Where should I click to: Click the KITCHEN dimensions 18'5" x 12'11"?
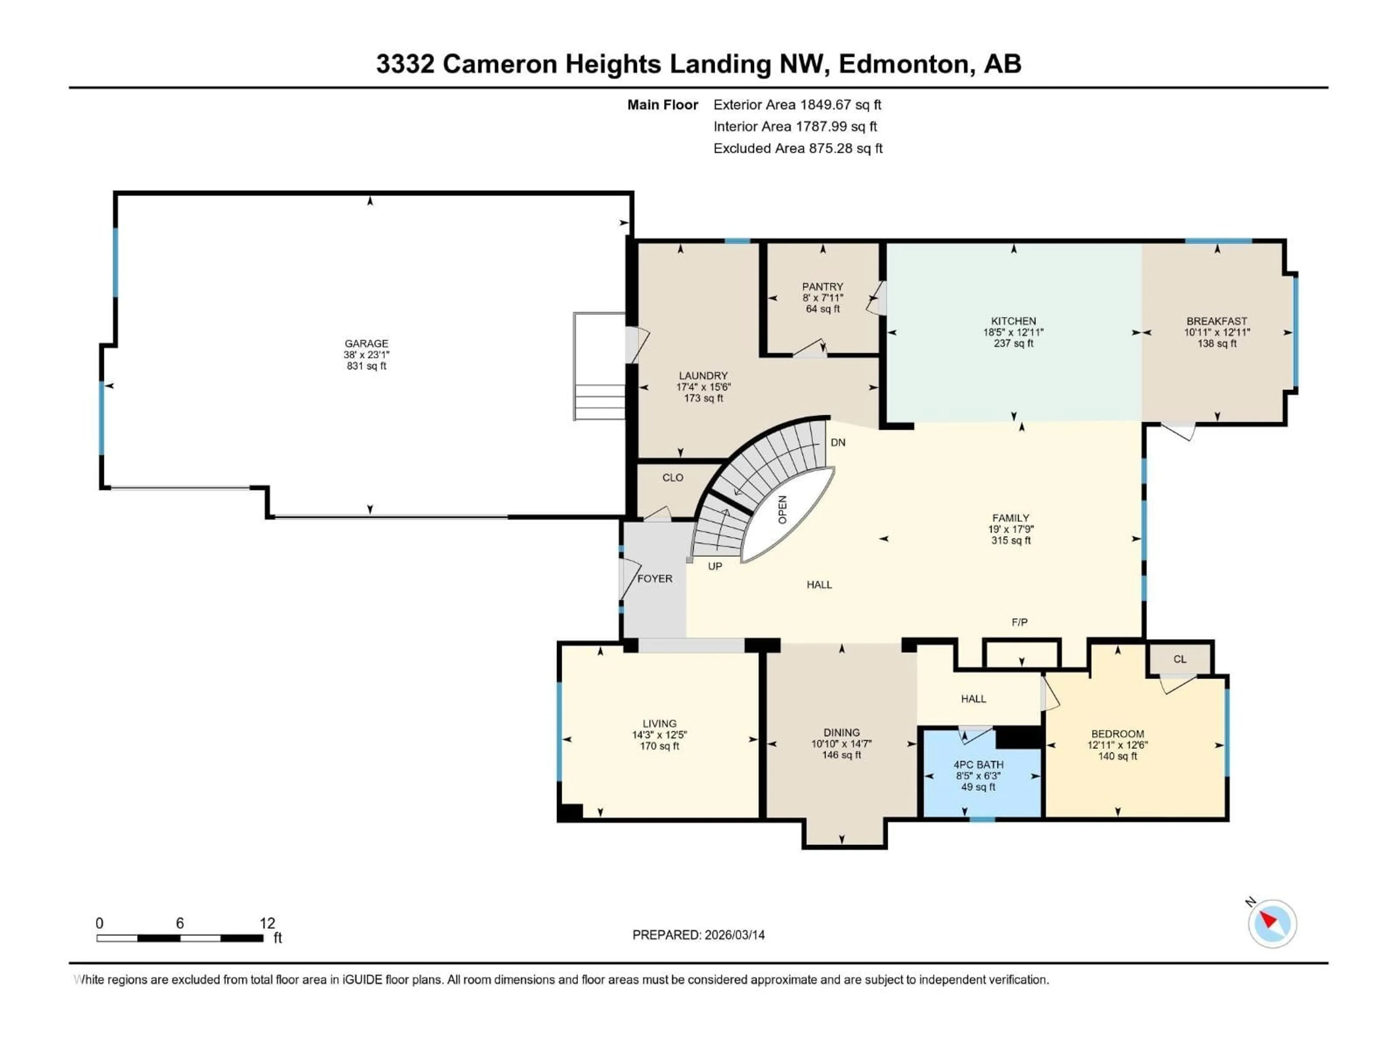[x=1013, y=332]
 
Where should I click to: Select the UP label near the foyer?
[x=715, y=566]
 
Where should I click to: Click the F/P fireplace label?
[x=1019, y=622]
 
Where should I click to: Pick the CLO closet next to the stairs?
[x=672, y=477]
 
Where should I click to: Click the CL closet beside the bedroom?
[x=1179, y=659]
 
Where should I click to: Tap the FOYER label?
[x=655, y=579]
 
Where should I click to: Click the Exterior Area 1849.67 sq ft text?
[x=797, y=105]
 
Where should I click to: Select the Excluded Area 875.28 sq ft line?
[x=798, y=148]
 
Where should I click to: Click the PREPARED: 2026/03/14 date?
[x=698, y=935]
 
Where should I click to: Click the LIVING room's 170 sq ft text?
[x=659, y=746]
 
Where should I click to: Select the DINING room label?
[x=841, y=733]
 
